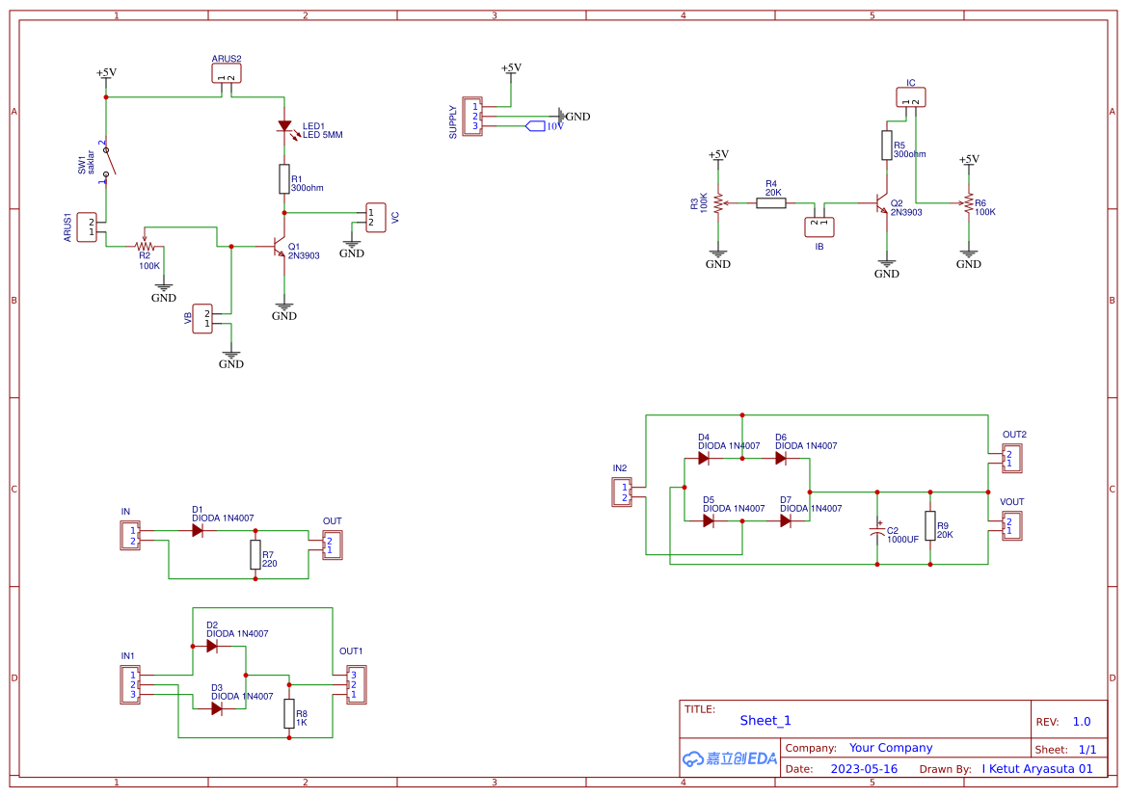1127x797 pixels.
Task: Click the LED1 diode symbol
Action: point(284,126)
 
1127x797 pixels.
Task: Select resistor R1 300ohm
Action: point(284,178)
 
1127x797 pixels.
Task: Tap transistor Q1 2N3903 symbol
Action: point(281,247)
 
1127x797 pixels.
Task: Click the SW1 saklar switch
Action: point(108,162)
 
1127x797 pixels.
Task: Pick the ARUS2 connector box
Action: point(227,73)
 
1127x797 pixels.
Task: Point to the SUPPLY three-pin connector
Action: point(472,116)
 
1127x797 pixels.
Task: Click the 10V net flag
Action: point(536,126)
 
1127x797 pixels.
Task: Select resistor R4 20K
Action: point(771,203)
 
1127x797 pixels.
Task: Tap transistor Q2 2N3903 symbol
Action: point(881,203)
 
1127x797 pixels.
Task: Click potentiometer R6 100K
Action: point(968,203)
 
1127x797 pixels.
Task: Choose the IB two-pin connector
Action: point(819,226)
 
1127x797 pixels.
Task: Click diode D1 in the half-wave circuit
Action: point(198,530)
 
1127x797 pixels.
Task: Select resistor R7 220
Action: point(255,554)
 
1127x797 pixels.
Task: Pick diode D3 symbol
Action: point(217,708)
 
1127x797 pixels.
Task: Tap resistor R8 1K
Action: point(289,713)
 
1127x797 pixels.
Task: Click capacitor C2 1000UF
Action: point(877,531)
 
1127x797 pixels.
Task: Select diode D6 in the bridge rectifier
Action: point(781,459)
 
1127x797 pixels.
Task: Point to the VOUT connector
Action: point(1012,526)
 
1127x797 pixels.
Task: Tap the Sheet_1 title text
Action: point(765,720)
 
